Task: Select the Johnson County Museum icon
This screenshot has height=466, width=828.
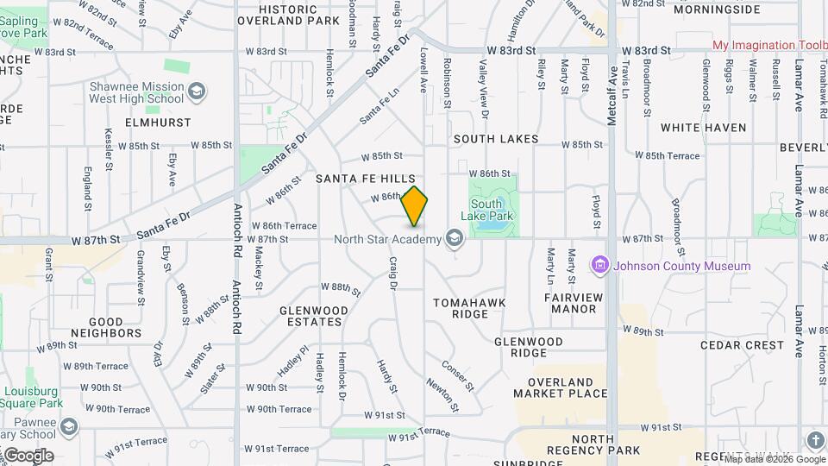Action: (601, 265)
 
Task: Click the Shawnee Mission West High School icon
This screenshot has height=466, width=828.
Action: (197, 91)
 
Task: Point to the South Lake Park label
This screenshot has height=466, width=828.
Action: (493, 210)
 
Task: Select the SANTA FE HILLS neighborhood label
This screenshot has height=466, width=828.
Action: (365, 179)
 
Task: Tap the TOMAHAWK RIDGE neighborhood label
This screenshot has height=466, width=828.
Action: (469, 308)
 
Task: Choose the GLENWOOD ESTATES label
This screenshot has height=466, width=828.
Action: (314, 316)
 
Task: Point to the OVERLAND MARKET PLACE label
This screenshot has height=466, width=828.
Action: (561, 387)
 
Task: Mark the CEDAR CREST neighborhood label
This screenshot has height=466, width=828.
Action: (742, 345)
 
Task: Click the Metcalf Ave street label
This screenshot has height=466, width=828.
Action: (612, 96)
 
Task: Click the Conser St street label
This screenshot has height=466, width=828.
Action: (458, 375)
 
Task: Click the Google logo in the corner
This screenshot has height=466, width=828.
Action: (28, 456)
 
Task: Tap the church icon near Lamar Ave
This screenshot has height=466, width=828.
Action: (815, 440)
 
